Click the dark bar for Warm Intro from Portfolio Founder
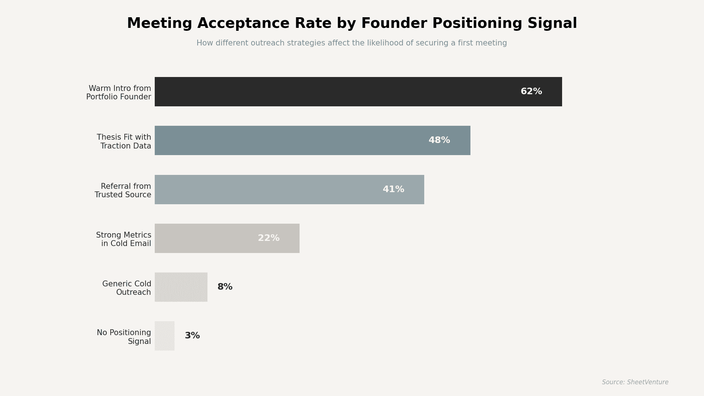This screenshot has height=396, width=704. tap(330, 92)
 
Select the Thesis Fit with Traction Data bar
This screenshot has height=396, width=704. tap(293, 140)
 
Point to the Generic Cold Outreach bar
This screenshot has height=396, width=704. tap(181, 287)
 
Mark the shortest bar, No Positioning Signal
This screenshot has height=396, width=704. tap(164, 336)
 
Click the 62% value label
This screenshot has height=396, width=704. tap(531, 92)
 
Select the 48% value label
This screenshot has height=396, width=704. tap(439, 140)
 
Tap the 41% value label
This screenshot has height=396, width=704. tap(393, 190)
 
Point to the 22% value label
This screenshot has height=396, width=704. tap(268, 238)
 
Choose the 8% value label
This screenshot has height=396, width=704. tap(225, 287)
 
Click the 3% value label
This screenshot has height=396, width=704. tap(192, 336)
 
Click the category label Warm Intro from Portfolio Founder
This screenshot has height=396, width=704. tap(119, 92)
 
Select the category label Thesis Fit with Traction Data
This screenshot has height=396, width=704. tap(124, 142)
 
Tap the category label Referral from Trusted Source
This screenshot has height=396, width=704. tap(123, 190)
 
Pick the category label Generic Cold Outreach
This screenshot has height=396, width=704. tap(127, 288)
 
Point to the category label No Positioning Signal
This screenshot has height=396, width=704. tap(124, 337)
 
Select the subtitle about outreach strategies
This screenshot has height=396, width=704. tap(352, 43)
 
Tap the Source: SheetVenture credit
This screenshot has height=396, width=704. tap(635, 382)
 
